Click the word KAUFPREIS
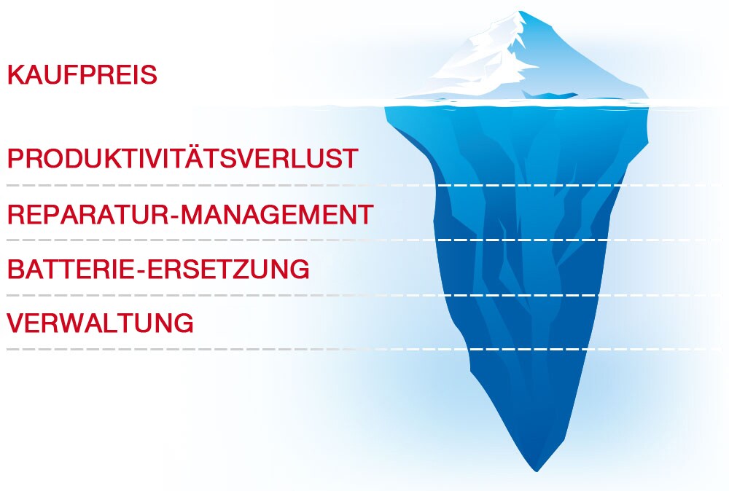pos(82,75)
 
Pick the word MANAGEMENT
pos(277,214)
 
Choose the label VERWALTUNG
pos(100,323)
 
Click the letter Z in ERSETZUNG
pos(243,269)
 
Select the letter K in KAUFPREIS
pos(16,75)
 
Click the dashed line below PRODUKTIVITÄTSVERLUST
pos(364,185)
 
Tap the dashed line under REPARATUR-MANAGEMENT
pos(364,240)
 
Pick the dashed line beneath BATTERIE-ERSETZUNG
pos(364,295)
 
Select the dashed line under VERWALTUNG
pos(364,350)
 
